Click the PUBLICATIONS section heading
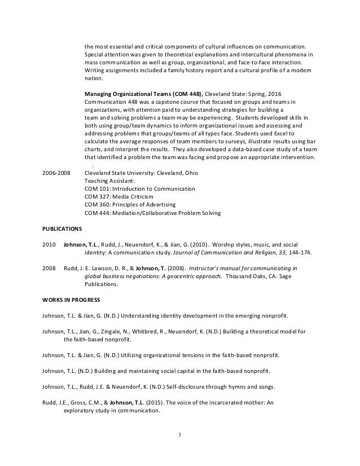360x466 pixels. tap(62, 230)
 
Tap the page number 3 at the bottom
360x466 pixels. tap(180, 434)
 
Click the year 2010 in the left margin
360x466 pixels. tap(49, 245)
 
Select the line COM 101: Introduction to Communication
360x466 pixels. tap(139, 188)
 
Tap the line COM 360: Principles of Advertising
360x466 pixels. tap(130, 204)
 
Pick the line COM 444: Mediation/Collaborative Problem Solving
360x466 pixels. tap(152, 212)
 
